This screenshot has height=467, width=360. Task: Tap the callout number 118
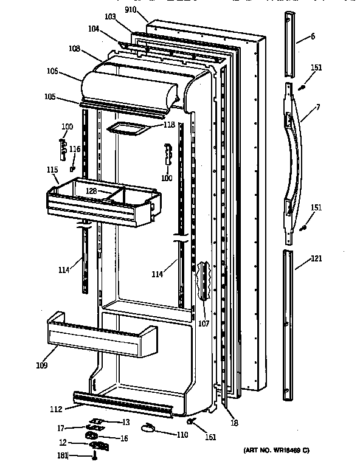[x=168, y=125]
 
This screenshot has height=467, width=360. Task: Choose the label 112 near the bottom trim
[x=56, y=409]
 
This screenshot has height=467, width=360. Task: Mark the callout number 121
[x=316, y=258]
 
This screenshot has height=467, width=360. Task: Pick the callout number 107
[x=203, y=323]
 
